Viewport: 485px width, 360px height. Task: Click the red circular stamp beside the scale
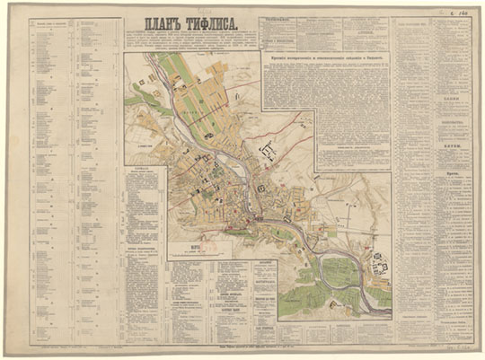[x=204, y=239]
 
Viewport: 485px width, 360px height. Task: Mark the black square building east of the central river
[x=260, y=189]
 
